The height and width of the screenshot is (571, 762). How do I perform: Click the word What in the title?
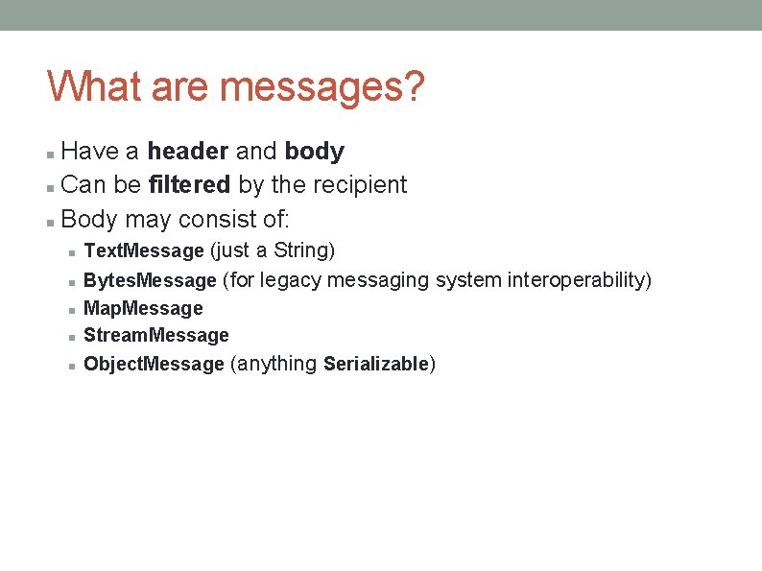92,86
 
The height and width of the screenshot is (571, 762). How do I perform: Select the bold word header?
187,152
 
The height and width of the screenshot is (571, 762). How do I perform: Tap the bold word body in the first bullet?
314,152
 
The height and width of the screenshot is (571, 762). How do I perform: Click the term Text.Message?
144,251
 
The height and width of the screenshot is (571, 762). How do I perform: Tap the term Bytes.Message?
150,280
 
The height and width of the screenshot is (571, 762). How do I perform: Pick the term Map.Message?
143,308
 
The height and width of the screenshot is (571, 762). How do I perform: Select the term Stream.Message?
156,335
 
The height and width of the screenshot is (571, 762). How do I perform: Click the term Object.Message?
154,364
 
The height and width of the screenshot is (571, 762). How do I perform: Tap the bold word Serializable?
376,364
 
